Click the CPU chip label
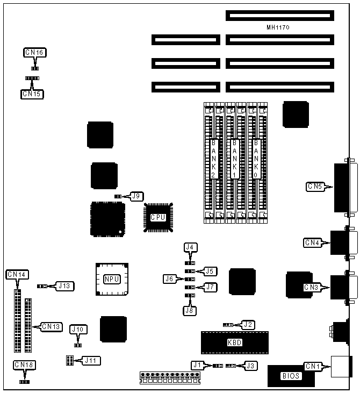(157, 218)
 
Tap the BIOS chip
(291, 376)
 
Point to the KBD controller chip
(234, 342)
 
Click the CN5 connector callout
(315, 187)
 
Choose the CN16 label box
(35, 53)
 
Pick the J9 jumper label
(136, 196)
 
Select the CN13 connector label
(52, 326)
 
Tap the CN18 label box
(24, 366)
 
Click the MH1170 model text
(278, 27)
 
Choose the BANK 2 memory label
(213, 159)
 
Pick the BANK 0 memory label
(256, 159)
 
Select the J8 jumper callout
(190, 310)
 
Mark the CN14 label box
(16, 275)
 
